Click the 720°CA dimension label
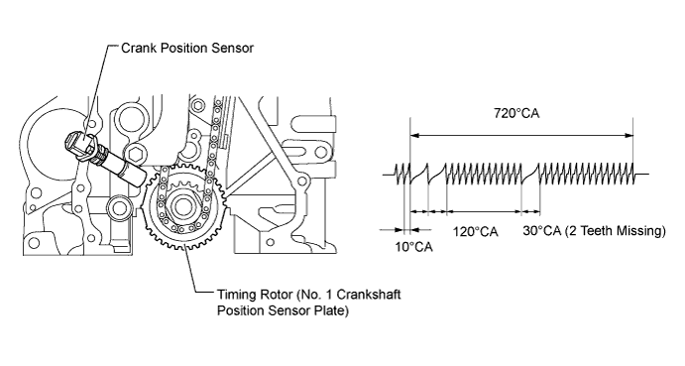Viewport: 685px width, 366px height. click(516, 113)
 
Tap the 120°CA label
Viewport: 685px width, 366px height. click(475, 231)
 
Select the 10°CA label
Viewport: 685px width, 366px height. click(413, 247)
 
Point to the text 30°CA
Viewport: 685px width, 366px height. click(541, 230)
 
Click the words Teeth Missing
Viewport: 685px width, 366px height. click(619, 230)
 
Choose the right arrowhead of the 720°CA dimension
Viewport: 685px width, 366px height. click(629, 136)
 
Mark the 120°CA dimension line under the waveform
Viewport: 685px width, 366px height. click(484, 212)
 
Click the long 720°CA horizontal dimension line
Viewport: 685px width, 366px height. click(521, 136)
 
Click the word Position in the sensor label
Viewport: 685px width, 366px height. click(184, 48)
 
